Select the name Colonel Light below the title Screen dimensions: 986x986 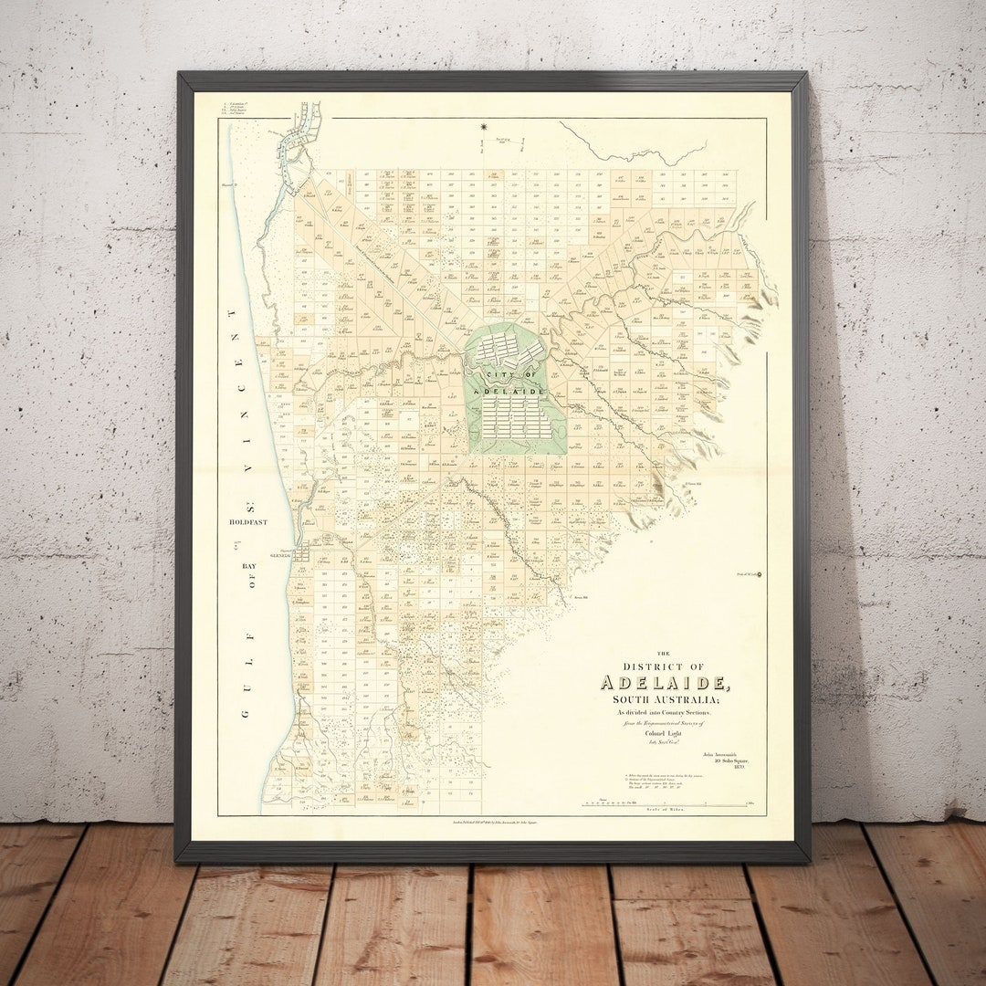[664, 733]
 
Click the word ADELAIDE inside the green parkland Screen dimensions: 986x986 [516, 390]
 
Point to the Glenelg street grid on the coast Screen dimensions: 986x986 [301, 552]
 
